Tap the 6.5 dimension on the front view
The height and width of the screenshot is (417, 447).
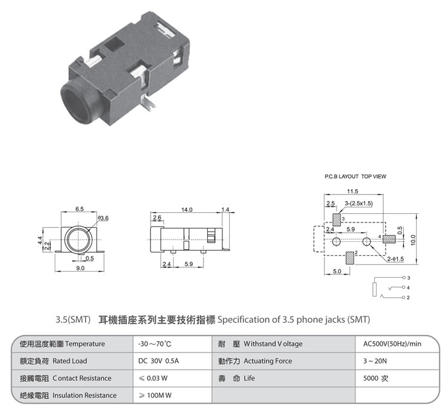[80, 209]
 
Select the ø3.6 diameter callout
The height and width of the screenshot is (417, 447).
[103, 218]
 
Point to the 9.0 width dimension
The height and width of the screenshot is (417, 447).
[80, 268]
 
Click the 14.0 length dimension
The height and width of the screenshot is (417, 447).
[186, 210]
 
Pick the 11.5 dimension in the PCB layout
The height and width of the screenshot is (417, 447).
[353, 191]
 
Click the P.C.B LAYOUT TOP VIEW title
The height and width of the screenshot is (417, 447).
[355, 176]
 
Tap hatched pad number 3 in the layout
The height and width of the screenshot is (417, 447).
[336, 220]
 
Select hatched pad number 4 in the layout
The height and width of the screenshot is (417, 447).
[389, 239]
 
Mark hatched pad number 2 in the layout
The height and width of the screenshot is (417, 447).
[350, 258]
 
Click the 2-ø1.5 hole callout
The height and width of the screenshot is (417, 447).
[395, 259]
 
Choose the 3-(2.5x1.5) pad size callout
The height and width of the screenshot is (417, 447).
[358, 203]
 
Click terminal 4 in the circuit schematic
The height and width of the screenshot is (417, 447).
[404, 288]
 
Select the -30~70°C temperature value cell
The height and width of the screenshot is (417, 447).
[155, 344]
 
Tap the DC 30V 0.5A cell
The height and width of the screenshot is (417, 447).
[159, 361]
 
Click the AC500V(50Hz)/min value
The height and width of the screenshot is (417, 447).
[392, 344]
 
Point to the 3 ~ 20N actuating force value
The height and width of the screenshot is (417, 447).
[375, 361]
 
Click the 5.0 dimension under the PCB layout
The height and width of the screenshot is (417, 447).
[337, 271]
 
